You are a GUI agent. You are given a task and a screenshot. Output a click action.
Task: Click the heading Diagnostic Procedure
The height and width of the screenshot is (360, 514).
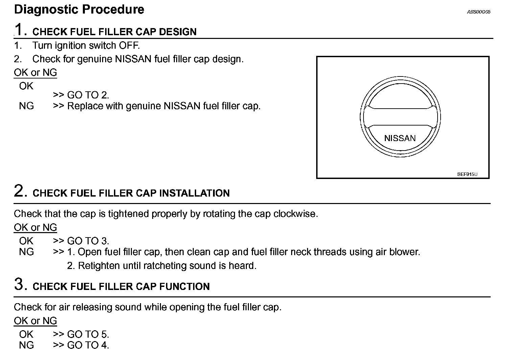point(79,9)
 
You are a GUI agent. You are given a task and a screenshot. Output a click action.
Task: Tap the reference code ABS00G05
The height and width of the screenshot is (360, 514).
point(478,12)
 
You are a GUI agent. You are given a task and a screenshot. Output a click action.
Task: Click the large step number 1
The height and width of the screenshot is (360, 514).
point(20,30)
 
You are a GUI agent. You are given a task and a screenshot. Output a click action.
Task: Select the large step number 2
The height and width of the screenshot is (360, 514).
point(20,191)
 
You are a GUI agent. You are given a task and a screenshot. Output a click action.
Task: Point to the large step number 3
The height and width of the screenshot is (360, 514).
point(20,285)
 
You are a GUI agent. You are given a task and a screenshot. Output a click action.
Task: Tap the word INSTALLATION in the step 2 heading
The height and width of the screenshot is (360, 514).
point(194,193)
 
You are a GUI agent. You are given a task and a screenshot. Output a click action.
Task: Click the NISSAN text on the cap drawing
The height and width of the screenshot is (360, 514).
point(400,138)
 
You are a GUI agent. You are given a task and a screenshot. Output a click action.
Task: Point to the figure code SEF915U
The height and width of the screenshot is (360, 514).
point(467,175)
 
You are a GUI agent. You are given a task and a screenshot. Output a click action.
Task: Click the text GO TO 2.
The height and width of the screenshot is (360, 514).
point(88,95)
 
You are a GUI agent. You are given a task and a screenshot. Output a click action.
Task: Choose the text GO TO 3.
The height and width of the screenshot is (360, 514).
point(88,241)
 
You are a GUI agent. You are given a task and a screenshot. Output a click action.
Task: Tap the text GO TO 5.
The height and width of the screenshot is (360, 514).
point(88,335)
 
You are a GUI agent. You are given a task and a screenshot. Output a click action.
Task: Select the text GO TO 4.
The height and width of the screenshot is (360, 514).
point(88,345)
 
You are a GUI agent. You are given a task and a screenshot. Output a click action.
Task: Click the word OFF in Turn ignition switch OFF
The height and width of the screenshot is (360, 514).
point(129,45)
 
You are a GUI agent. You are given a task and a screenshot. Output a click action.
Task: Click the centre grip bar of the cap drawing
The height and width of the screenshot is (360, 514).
point(400,117)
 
